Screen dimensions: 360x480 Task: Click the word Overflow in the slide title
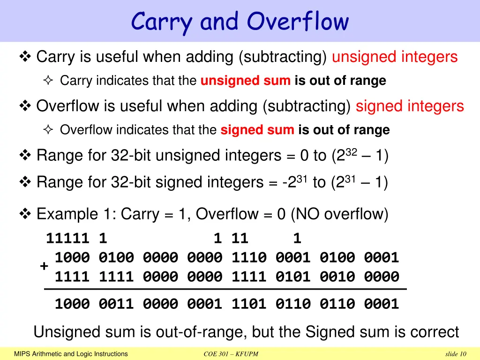click(298, 22)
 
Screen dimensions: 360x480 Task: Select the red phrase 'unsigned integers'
click(394, 57)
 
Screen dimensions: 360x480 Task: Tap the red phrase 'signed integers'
click(410, 106)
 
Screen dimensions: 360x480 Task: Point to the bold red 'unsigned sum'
click(245, 81)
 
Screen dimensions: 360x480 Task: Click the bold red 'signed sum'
click(257, 130)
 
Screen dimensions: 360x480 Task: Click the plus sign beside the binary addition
click(44, 266)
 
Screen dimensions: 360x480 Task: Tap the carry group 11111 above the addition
click(67, 239)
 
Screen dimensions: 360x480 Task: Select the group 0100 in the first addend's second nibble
click(116, 257)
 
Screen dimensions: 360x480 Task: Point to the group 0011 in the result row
click(116, 304)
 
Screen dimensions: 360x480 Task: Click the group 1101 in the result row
click(249, 304)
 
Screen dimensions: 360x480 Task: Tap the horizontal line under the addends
click(225, 290)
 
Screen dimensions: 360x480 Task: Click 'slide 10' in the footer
click(456, 354)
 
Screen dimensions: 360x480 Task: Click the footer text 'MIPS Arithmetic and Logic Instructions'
click(71, 354)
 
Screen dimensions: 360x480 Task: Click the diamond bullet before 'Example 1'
click(25, 214)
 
